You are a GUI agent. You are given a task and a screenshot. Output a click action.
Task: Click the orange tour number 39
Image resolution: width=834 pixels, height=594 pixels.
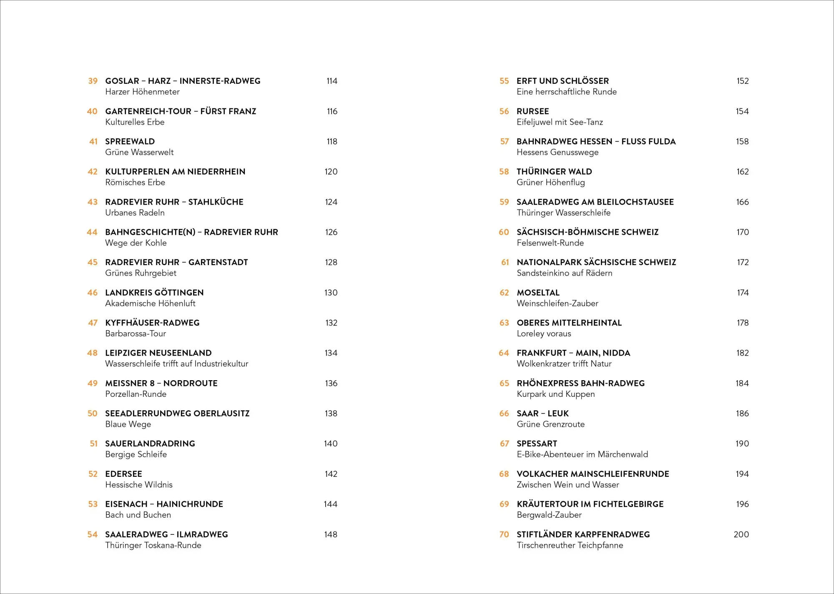click(93, 81)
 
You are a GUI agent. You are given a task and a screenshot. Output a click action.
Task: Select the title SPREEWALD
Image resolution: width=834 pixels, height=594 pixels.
click(130, 141)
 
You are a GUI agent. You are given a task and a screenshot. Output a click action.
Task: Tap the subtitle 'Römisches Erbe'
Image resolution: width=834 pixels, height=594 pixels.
click(135, 183)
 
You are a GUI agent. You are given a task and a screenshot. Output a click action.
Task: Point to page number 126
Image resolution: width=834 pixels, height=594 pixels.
click(331, 232)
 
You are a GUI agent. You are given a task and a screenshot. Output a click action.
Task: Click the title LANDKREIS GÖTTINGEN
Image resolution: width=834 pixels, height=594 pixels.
click(154, 293)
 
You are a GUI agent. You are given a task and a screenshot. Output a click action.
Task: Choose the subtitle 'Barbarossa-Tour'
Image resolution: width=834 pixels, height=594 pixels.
click(136, 333)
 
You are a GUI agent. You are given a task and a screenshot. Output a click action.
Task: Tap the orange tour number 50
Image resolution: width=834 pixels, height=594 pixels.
click(92, 414)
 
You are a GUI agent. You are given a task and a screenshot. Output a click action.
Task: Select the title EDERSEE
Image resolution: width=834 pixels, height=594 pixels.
click(123, 474)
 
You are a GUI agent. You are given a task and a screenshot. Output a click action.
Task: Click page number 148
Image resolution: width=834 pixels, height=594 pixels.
click(331, 534)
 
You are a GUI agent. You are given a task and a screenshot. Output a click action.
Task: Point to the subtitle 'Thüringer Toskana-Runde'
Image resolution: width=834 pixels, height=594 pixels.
click(153, 545)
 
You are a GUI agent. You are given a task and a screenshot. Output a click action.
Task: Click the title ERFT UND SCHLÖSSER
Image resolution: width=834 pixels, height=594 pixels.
click(563, 81)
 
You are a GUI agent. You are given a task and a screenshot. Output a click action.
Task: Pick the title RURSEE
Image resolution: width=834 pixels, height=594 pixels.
click(533, 111)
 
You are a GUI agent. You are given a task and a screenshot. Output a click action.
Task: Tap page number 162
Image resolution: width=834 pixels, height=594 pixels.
click(742, 172)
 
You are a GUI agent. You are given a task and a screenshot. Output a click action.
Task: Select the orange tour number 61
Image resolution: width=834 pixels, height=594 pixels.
click(505, 262)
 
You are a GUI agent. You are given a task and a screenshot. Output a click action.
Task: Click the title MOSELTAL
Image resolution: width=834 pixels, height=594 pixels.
click(538, 293)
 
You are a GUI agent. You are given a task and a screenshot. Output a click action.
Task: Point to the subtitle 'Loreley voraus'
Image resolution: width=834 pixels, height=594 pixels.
click(544, 333)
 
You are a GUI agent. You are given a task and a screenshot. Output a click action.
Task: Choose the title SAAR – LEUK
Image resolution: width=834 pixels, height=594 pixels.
click(543, 414)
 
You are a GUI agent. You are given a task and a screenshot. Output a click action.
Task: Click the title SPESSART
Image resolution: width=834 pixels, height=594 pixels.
click(537, 444)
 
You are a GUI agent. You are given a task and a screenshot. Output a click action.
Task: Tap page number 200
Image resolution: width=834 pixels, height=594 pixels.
click(741, 534)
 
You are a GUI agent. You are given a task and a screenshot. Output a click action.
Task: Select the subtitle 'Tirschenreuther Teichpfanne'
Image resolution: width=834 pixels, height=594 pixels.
click(570, 545)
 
